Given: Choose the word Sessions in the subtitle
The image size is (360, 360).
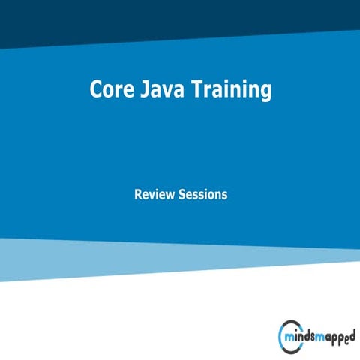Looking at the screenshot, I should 203,194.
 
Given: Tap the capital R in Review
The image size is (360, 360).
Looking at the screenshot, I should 138,194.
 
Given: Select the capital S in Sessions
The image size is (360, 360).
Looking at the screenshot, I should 183,194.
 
